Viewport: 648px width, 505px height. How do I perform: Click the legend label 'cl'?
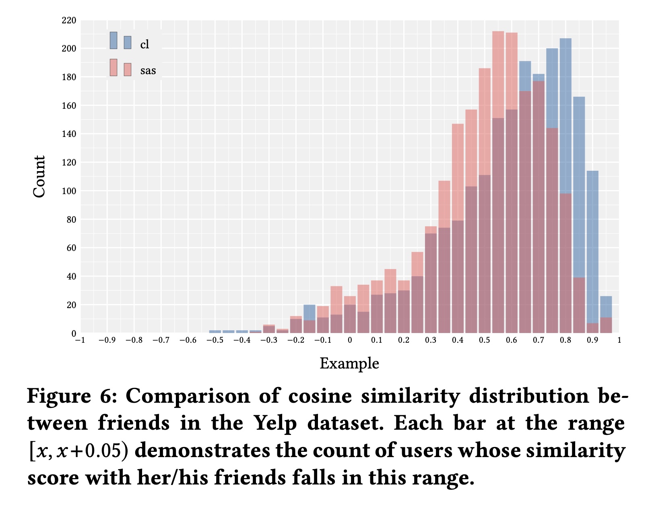(144, 45)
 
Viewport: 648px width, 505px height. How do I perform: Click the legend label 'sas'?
(148, 71)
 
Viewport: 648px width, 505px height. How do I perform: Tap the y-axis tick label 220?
(69, 21)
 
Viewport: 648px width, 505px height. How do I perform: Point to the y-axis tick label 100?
(69, 191)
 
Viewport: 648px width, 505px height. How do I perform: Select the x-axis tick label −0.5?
(215, 340)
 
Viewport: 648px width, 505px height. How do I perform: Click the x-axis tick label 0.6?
(511, 340)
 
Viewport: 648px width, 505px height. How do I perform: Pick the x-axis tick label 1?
(619, 340)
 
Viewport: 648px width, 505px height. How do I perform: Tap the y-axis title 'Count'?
(39, 177)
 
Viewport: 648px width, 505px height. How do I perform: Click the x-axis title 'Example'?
(349, 364)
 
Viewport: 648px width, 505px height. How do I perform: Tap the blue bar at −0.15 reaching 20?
(309, 312)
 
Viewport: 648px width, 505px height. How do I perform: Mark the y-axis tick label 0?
(74, 333)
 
